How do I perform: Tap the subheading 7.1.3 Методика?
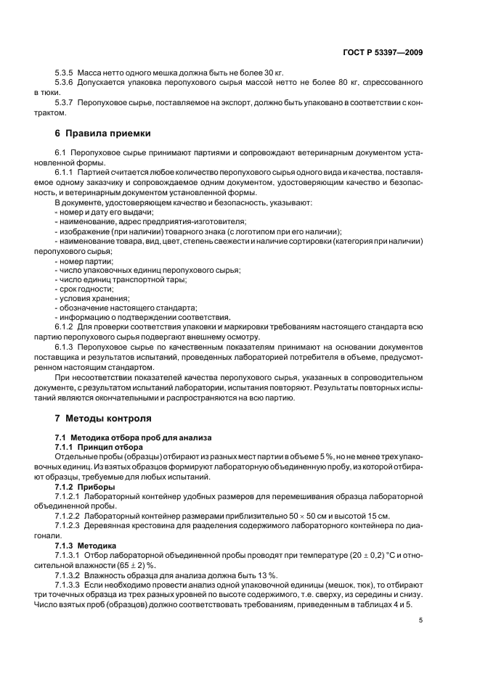pyautogui.click(x=89, y=543)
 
